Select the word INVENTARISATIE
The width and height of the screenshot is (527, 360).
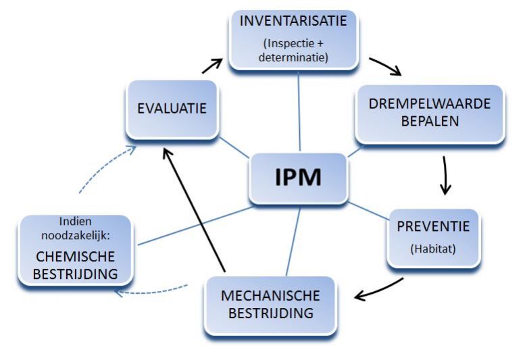click(293, 20)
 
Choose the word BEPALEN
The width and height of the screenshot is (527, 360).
click(429, 122)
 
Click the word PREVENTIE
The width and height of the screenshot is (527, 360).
click(432, 226)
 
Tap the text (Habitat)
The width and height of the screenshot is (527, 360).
click(432, 248)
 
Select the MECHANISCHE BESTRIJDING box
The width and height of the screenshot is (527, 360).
click(270, 305)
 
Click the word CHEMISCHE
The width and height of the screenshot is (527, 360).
click(74, 257)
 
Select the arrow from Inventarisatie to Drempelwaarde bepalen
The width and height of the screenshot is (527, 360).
click(386, 66)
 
